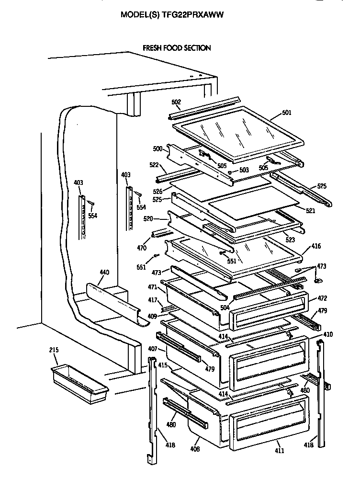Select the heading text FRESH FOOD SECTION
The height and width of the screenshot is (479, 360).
click(x=177, y=48)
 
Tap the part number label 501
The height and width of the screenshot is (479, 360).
click(x=286, y=113)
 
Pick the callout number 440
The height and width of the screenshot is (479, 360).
click(x=104, y=273)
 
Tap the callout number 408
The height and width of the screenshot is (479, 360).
click(x=195, y=449)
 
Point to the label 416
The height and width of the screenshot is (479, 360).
click(x=316, y=246)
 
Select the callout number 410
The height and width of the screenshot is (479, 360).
click(x=328, y=334)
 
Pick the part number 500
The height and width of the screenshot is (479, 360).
click(x=157, y=149)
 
